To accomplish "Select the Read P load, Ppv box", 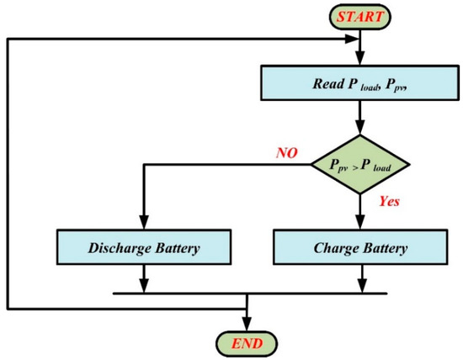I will (x=360, y=82).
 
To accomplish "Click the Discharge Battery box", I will (x=144, y=248).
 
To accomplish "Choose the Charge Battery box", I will (x=360, y=248).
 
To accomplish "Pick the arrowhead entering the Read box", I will (x=360, y=61).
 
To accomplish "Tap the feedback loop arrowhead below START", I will (x=354, y=39).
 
